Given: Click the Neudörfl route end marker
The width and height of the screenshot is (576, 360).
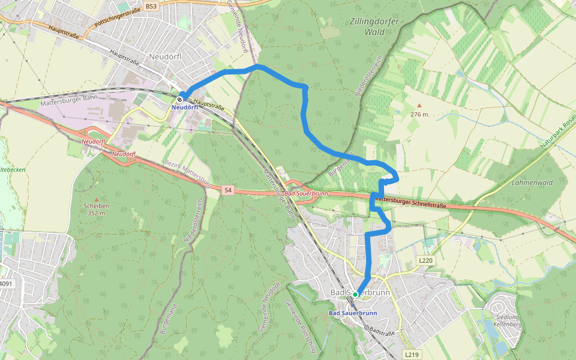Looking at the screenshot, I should tap(180, 99).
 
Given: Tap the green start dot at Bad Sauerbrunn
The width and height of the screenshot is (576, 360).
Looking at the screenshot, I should tap(355, 294).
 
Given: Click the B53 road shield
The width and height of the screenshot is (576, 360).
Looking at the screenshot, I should tap(151, 6).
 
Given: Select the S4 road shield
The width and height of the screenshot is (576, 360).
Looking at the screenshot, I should tap(227, 190).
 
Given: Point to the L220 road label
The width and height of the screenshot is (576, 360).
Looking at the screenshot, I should tap(425, 260).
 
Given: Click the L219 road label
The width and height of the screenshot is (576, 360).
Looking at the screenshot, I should tap(411, 355).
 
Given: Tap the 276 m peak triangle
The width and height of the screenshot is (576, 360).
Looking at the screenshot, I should tap(419, 106).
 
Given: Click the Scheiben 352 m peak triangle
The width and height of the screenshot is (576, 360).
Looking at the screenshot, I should tap(97, 199).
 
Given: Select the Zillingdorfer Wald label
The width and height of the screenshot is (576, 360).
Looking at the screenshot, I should tap(373, 26).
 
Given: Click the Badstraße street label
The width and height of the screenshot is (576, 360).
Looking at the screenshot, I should tap(383, 331).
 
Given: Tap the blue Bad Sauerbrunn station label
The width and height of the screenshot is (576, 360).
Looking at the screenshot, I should tap(353, 313).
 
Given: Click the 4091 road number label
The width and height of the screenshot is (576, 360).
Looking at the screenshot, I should tap(5, 284).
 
